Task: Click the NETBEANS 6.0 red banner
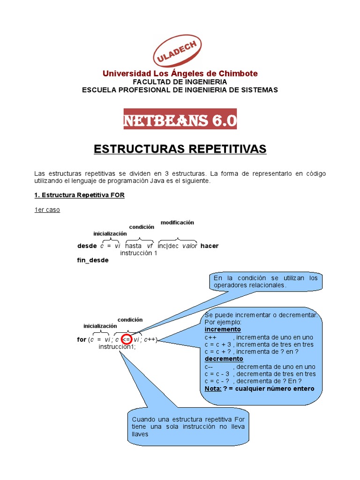tap(180, 120)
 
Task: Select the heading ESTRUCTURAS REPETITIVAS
tap(180, 149)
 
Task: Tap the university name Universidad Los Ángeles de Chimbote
tap(180, 74)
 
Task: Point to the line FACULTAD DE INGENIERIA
tap(180, 82)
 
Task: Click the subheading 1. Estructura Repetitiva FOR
tap(79, 195)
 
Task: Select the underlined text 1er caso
tap(47, 210)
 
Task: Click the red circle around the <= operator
tap(127, 339)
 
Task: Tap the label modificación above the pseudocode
tap(177, 222)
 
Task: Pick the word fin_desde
tap(93, 260)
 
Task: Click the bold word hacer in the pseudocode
tap(209, 246)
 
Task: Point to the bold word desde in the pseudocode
tap(87, 246)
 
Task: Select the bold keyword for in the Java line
tap(82, 339)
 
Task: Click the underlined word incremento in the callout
tap(223, 330)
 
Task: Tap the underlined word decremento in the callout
tap(224, 359)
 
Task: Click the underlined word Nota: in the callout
tap(213, 389)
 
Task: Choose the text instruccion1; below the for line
tap(117, 346)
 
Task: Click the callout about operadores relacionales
tap(265, 282)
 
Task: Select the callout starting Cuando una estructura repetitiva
tap(188, 426)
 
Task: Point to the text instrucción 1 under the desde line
tap(139, 253)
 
